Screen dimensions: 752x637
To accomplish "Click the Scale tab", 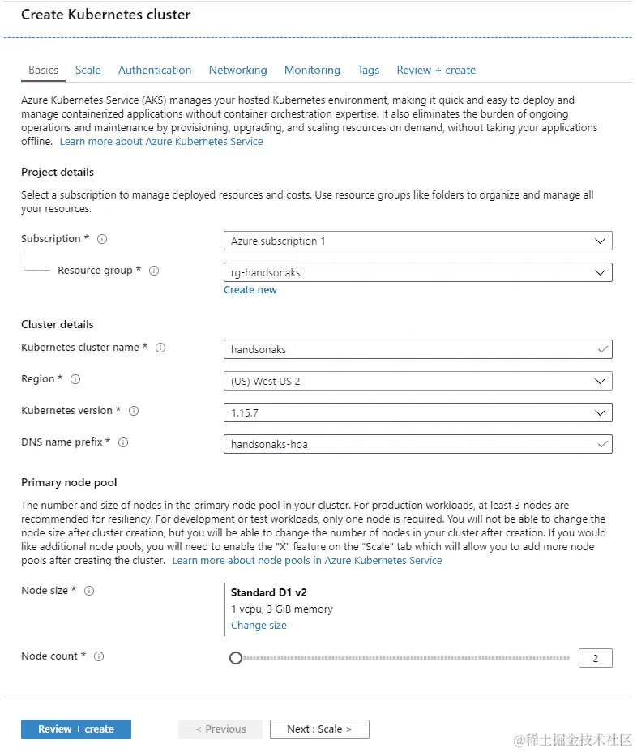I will pyautogui.click(x=88, y=70).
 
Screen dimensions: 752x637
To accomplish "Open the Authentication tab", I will pyautogui.click(x=155, y=70).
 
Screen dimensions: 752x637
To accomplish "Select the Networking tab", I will pyautogui.click(x=237, y=70).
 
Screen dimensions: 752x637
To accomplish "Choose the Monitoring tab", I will pyautogui.click(x=312, y=70).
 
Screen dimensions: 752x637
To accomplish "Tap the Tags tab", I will pyautogui.click(x=369, y=70).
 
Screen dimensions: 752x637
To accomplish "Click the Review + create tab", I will pyautogui.click(x=436, y=70).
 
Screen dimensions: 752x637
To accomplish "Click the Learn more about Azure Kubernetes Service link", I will pyautogui.click(x=161, y=141).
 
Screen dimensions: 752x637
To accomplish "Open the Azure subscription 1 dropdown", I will pyautogui.click(x=417, y=241).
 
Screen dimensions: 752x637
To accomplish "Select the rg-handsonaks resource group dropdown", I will pyautogui.click(x=417, y=272).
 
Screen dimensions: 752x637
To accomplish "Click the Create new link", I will pyautogui.click(x=250, y=290).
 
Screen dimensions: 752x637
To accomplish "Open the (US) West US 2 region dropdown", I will pyautogui.click(x=417, y=381).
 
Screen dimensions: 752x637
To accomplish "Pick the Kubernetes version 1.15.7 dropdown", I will pyautogui.click(x=417, y=412).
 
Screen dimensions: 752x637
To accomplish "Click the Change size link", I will pyautogui.click(x=259, y=626).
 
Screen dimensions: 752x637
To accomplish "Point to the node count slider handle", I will pyautogui.click(x=236, y=658).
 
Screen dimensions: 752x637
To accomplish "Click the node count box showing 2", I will pyautogui.click(x=596, y=658).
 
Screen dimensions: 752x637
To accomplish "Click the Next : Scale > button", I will pyautogui.click(x=319, y=729).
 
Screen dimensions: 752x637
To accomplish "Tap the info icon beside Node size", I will pyautogui.click(x=89, y=591).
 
